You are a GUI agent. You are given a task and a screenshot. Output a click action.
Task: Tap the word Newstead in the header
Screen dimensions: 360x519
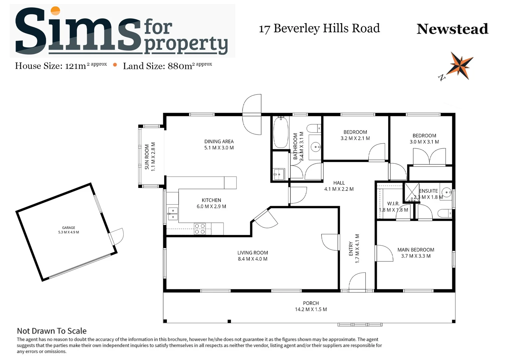coord(452,29)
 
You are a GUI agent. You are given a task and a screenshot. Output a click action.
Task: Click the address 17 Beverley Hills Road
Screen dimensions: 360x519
coord(319,29)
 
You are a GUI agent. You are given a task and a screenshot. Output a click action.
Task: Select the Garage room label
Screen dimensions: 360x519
coord(68,228)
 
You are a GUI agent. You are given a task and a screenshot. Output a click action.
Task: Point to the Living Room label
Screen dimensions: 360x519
coord(253,253)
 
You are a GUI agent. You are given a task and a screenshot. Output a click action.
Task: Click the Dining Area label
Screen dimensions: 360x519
coord(219,141)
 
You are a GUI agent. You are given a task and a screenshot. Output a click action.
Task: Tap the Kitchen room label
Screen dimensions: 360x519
coord(211,200)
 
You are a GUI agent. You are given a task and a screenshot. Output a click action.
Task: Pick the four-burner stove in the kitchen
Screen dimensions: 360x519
coord(200,229)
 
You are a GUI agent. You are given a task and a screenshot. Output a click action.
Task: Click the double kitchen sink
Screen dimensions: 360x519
coord(173,214)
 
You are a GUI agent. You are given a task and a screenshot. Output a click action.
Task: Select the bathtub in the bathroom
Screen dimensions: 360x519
coord(280,132)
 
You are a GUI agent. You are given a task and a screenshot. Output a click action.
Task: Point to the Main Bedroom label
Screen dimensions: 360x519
coord(416,250)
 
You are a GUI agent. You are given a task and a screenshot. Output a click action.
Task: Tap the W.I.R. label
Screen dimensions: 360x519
coord(393,203)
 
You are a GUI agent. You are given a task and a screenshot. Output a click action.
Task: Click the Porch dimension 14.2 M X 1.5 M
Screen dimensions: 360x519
coord(311,309)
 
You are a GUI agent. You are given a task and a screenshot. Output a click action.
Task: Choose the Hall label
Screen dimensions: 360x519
coord(339,183)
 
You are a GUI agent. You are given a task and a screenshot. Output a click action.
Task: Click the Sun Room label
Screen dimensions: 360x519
coord(147,157)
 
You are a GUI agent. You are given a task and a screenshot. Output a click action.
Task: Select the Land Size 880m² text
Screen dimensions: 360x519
coord(167,66)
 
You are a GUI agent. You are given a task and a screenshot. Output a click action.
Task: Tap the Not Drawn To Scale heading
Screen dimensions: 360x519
coord(52,331)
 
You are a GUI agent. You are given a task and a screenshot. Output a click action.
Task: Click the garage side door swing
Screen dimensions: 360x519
coord(117,236)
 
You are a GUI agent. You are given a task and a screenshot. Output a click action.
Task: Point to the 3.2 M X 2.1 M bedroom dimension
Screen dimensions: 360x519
coord(355,138)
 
